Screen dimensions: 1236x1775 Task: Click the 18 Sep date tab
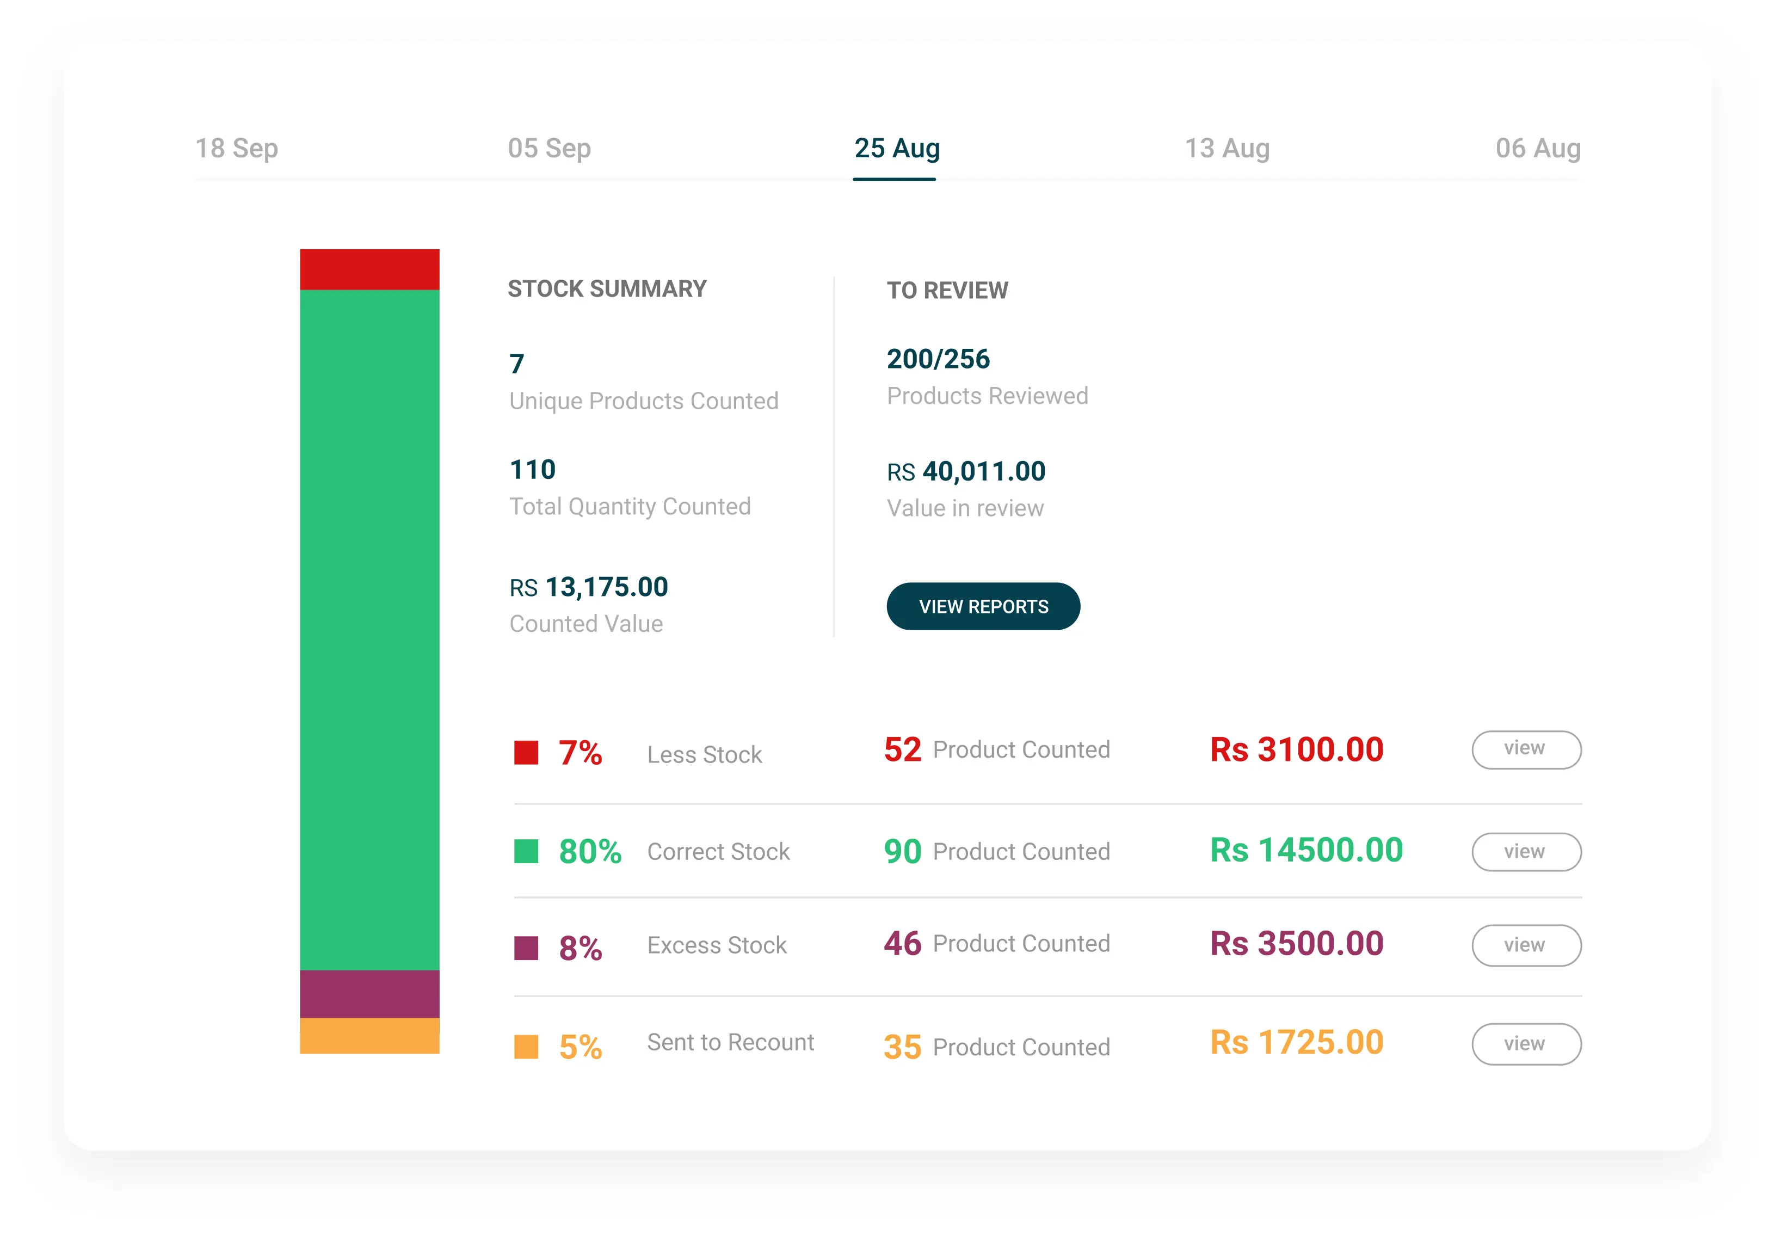pyautogui.click(x=237, y=149)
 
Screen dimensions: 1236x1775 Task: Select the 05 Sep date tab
pyautogui.click(x=549, y=149)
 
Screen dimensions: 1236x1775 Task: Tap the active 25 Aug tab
pyautogui.click(x=896, y=149)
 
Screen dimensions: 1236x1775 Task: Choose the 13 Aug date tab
pyautogui.click(x=1227, y=149)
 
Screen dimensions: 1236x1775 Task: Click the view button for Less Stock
pyautogui.click(x=1525, y=749)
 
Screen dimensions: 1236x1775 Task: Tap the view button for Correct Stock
pyautogui.click(x=1525, y=852)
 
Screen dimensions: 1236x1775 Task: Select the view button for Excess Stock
pyautogui.click(x=1525, y=945)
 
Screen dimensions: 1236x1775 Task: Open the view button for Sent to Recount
pyautogui.click(x=1525, y=1044)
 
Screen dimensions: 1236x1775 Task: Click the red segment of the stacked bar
pyautogui.click(x=369, y=270)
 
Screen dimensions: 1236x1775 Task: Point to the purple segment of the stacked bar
pyautogui.click(x=369, y=994)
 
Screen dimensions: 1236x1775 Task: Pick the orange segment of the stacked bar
pyautogui.click(x=369, y=1036)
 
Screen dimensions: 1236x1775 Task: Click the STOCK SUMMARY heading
pyautogui.click(x=607, y=290)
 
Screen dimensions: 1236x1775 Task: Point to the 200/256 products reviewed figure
pyautogui.click(x=938, y=359)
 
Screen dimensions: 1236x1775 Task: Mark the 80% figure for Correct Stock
pyautogui.click(x=590, y=852)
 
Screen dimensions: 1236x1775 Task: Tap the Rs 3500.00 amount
pyautogui.click(x=1297, y=944)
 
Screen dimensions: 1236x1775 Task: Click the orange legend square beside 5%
pyautogui.click(x=526, y=1047)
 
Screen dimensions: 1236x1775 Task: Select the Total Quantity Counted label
pyautogui.click(x=629, y=507)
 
